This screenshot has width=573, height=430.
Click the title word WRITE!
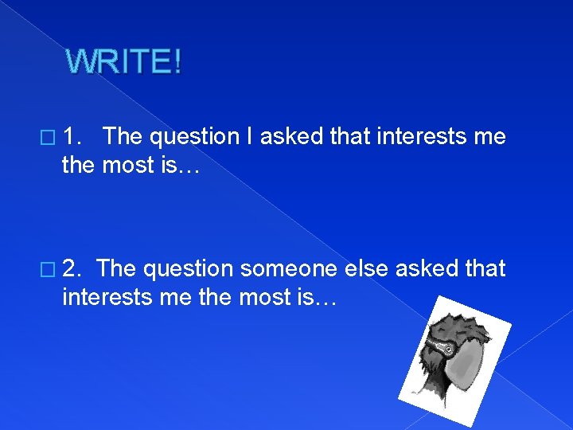pyautogui.click(x=123, y=61)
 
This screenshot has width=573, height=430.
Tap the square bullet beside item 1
pyautogui.click(x=48, y=138)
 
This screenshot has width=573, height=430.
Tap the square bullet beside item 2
pyautogui.click(x=48, y=270)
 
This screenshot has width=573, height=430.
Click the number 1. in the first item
pyautogui.click(x=72, y=136)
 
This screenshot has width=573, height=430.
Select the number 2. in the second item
pyautogui.click(x=72, y=268)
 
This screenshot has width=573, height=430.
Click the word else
pyautogui.click(x=366, y=268)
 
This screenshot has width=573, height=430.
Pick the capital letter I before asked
pyautogui.click(x=249, y=136)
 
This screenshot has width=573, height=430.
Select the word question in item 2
pyautogui.click(x=188, y=270)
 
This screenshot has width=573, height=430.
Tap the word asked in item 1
pyautogui.click(x=291, y=136)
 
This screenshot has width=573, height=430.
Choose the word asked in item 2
pyautogui.click(x=427, y=268)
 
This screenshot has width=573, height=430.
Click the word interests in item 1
pyautogui.click(x=421, y=136)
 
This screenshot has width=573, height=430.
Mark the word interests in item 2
pyautogui.click(x=107, y=296)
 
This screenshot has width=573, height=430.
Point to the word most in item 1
pyautogui.click(x=128, y=166)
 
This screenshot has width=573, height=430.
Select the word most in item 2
pyautogui.click(x=265, y=297)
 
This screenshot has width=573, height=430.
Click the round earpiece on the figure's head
pyautogui.click(x=449, y=350)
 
